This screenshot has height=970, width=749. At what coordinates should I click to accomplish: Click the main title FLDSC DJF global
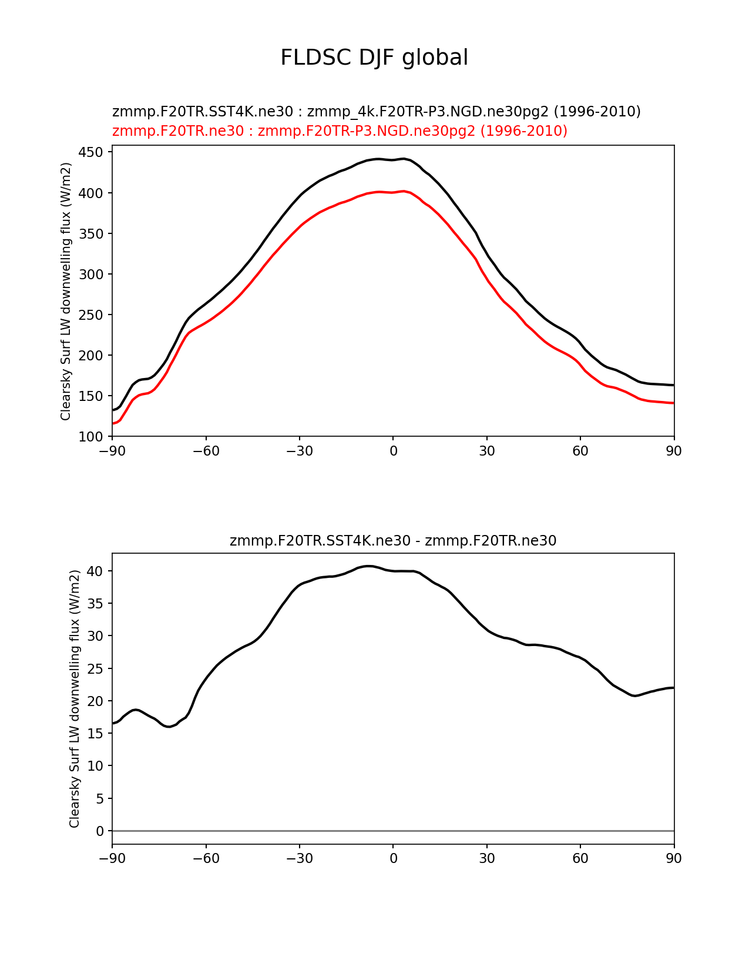pos(374,58)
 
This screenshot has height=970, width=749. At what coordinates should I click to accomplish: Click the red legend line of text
pos(340,131)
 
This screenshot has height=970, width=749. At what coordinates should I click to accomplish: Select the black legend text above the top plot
pos(376,112)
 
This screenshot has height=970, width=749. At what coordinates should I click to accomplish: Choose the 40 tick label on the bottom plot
pos(96,571)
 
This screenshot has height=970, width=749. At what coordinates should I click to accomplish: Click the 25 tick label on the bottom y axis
pos(96,668)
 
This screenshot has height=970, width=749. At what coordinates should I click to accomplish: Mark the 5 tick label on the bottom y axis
pos(99,798)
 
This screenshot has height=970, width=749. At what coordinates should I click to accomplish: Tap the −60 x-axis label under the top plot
pos(206,451)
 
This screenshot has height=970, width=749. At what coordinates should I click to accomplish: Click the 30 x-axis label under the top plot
pos(486,451)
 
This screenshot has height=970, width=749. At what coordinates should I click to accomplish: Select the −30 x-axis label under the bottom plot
pos(299,859)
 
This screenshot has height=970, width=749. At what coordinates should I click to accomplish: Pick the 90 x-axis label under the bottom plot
pos(674,859)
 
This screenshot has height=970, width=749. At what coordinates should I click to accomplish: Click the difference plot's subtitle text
pos(393,541)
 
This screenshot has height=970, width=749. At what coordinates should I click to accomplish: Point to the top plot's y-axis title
pos(66,291)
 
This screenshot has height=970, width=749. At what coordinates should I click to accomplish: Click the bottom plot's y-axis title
pos(75,698)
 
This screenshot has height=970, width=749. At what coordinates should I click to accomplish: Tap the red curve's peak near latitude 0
pos(402,191)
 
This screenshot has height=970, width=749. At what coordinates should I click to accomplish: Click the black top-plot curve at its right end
pos(673,385)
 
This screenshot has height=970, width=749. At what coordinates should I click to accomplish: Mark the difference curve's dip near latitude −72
pos(169,727)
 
